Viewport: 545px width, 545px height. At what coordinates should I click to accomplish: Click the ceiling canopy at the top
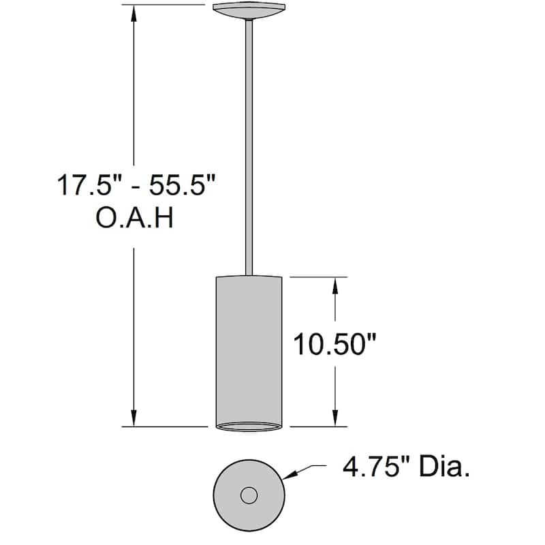point(249,10)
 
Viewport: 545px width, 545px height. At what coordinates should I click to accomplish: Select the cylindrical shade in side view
point(248,347)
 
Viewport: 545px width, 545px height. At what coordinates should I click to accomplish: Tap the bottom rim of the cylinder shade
point(248,427)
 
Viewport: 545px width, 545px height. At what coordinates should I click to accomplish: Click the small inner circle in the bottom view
point(249,495)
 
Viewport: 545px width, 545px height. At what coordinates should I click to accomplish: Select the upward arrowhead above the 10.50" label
point(334,285)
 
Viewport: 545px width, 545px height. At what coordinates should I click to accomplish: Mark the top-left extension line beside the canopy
point(163,5)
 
